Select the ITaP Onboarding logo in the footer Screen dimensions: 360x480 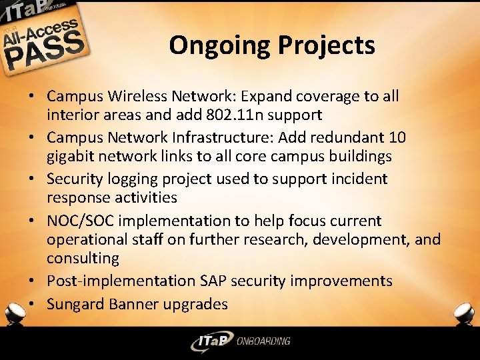tap(240, 341)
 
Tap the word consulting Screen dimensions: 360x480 tap(83, 258)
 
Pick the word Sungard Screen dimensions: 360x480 tap(76, 305)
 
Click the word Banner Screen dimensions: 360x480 tap(135, 304)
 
